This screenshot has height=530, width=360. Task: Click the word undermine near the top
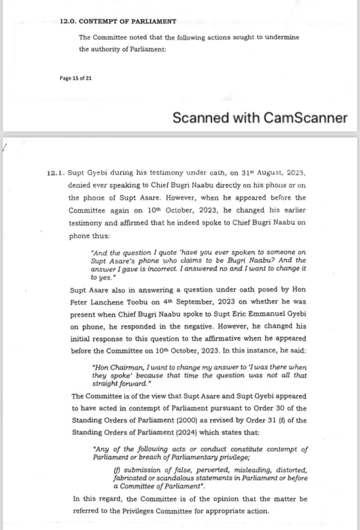click(280, 37)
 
